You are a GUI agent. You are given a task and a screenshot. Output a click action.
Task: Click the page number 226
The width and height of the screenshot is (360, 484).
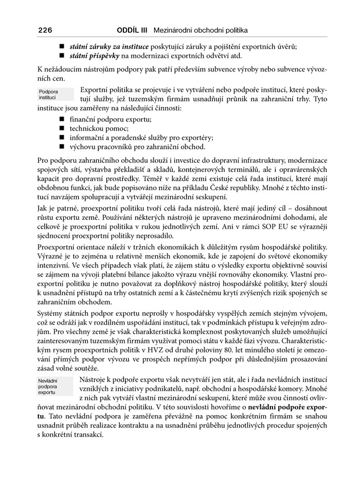[45, 30]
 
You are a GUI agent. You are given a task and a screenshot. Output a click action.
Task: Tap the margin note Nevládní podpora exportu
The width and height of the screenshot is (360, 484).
[50, 386]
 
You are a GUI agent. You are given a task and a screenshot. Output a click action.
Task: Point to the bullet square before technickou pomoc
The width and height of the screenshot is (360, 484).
[62, 128]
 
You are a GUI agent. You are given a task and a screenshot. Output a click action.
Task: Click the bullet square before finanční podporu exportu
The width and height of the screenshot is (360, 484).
[62, 119]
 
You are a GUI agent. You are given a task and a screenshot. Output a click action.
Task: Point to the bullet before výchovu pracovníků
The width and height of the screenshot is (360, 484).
[62, 146]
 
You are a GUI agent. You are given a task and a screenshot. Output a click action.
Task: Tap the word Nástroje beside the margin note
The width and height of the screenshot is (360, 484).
[95, 380]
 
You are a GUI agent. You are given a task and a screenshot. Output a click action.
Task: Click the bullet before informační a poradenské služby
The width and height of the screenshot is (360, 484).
[62, 137]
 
